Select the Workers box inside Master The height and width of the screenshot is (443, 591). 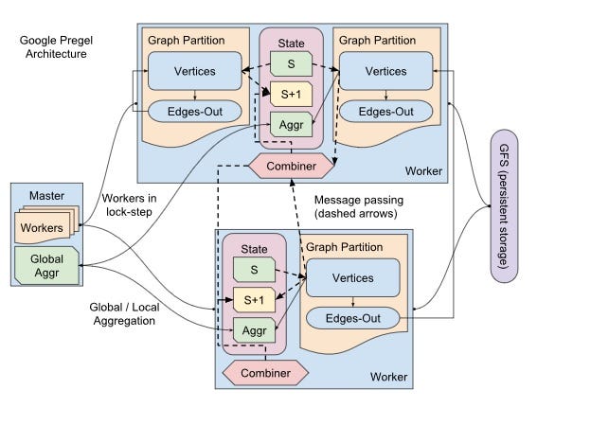click(x=43, y=227)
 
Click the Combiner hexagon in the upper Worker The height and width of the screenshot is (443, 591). click(x=291, y=166)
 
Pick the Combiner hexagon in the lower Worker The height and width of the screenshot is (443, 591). click(x=264, y=372)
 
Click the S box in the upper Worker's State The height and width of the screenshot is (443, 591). click(x=290, y=64)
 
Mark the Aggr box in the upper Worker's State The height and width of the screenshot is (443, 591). click(x=290, y=124)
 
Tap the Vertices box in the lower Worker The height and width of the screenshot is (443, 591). click(x=352, y=277)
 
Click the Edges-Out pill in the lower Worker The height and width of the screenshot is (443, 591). click(x=352, y=318)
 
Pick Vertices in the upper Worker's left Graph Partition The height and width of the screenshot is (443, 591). click(x=194, y=71)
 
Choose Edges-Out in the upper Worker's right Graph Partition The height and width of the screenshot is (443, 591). click(x=385, y=111)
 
